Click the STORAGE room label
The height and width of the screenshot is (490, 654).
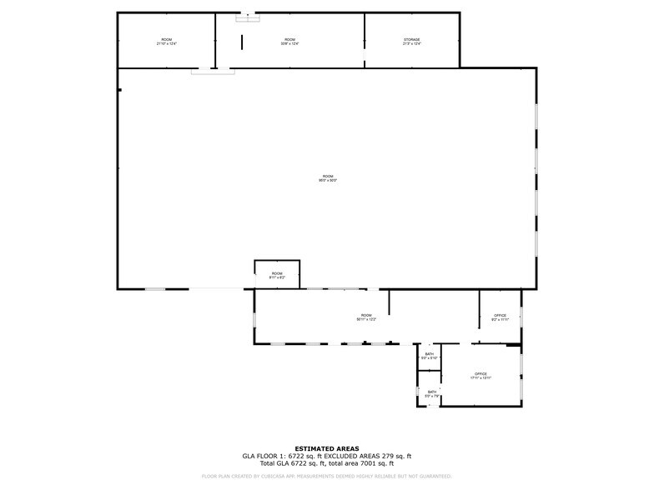(412, 41)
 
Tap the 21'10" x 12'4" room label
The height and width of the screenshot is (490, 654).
(167, 41)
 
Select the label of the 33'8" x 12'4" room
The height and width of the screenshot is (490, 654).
(289, 41)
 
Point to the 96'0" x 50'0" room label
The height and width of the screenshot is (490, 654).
(328, 177)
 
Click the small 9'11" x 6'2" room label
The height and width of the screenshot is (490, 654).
(277, 275)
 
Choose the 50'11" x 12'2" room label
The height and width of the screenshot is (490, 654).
(367, 317)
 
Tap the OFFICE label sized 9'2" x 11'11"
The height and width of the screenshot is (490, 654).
(500, 317)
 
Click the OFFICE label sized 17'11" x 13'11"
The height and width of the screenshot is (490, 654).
(480, 375)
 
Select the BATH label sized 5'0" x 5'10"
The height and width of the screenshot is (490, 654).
(430, 356)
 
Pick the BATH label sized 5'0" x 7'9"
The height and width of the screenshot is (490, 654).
(432, 393)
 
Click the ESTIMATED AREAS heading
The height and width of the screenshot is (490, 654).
(327, 448)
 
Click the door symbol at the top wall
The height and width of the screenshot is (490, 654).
(248, 17)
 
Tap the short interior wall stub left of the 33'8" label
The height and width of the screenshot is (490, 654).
(242, 42)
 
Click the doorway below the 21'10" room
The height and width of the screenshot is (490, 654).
(213, 72)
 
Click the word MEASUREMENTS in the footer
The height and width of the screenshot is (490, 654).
(316, 476)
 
